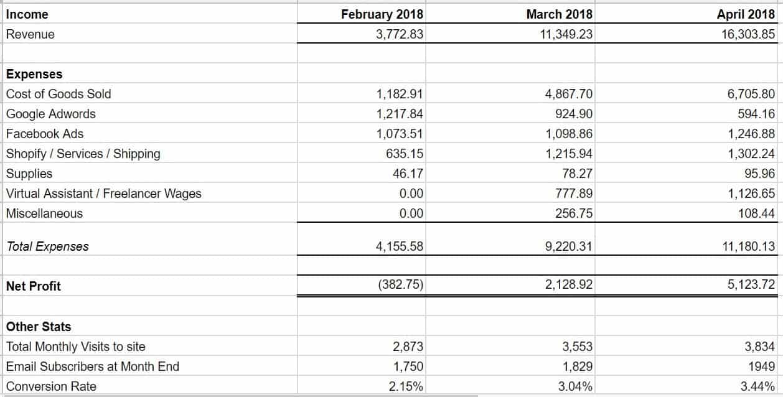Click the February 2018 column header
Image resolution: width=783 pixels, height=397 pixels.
(382, 14)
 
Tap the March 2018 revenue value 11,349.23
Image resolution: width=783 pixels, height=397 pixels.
(566, 34)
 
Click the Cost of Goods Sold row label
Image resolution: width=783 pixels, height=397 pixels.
(59, 94)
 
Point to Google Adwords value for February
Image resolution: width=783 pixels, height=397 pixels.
(400, 114)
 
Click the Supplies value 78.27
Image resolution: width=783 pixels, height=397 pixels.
(575, 174)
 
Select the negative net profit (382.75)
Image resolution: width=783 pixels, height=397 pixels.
(400, 286)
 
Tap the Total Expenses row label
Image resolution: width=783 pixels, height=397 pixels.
(47, 246)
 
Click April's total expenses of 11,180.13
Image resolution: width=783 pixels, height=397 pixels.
(749, 246)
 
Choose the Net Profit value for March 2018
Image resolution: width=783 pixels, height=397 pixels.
(569, 286)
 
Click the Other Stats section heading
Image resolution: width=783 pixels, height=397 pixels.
(39, 327)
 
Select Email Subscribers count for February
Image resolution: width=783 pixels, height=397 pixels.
(408, 367)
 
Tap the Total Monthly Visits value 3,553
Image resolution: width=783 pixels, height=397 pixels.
(578, 347)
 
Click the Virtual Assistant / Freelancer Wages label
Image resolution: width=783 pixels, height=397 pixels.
(104, 194)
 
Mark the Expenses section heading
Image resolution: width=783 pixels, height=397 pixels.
(34, 74)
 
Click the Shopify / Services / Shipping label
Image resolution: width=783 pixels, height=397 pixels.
(83, 154)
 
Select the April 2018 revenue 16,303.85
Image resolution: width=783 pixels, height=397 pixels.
(749, 34)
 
